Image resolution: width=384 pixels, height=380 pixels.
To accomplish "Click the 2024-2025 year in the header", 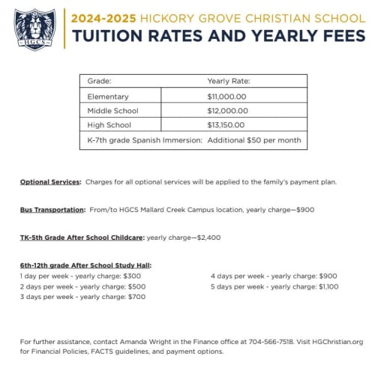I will (95, 18).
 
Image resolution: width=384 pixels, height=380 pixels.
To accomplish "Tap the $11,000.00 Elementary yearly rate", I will (226, 97).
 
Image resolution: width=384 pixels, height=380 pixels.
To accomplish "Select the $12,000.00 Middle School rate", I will (226, 111).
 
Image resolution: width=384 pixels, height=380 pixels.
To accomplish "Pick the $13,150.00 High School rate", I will (226, 125).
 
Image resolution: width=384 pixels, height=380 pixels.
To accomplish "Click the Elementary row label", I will (107, 97).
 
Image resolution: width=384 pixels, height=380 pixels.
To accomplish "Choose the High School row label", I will (109, 125).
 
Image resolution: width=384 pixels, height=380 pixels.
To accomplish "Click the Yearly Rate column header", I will (228, 81).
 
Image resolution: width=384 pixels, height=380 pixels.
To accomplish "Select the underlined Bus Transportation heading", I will (52, 210).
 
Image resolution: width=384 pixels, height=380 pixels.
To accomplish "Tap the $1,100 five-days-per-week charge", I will (328, 286).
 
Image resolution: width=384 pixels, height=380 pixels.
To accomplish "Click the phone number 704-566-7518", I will (271, 342).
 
